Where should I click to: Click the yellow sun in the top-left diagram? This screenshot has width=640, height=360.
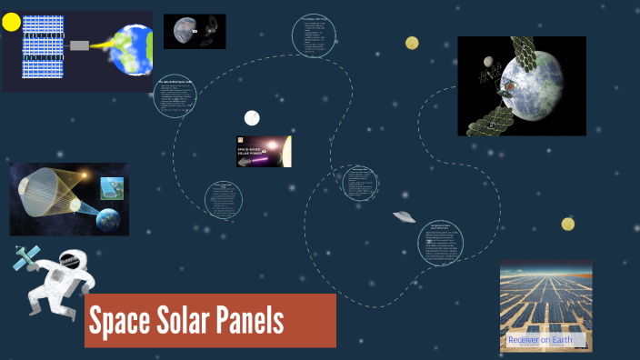[x=11, y=22]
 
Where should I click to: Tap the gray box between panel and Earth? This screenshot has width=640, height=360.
[x=78, y=45]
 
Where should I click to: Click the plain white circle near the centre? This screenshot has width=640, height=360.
[x=252, y=118]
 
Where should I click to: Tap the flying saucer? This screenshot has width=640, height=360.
[x=404, y=216]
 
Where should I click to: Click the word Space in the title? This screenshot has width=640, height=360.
[x=122, y=321]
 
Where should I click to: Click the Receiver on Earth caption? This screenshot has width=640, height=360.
[x=540, y=340]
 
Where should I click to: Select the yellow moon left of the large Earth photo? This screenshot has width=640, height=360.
[x=412, y=43]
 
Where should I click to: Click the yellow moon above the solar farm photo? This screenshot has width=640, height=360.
[x=567, y=225]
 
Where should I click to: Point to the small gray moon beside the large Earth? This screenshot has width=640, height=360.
[x=488, y=63]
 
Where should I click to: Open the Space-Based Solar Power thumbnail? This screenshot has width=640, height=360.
[x=264, y=151]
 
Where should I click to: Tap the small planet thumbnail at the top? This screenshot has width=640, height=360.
[x=195, y=31]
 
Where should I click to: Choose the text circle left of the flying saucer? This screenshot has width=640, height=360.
[x=360, y=182]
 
